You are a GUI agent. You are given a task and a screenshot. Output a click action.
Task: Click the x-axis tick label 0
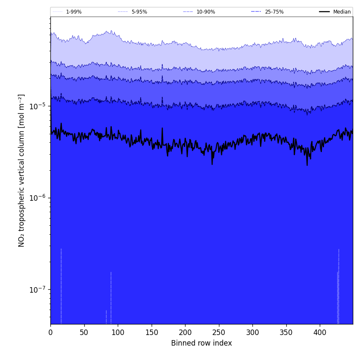pyautogui.click(x=50, y=332)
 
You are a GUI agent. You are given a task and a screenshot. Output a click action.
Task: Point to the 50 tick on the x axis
pyautogui.click(x=84, y=332)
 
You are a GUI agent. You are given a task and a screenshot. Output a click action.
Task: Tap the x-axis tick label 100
pyautogui.click(x=118, y=332)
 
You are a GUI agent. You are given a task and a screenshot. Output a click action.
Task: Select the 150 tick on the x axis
pyautogui.click(x=151, y=332)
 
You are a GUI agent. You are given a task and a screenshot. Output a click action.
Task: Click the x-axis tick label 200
pyautogui.click(x=185, y=332)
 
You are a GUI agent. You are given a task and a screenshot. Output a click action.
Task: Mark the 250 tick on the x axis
pyautogui.click(x=219, y=332)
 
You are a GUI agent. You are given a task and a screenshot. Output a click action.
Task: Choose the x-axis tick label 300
pyautogui.click(x=252, y=332)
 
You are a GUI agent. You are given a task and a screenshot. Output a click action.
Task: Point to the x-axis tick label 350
pyautogui.click(x=286, y=332)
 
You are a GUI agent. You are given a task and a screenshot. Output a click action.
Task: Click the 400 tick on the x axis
pyautogui.click(x=320, y=332)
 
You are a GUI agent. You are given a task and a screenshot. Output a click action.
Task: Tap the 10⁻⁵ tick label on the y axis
pyautogui.click(x=37, y=106)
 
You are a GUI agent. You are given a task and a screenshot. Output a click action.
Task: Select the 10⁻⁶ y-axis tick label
pyautogui.click(x=37, y=198)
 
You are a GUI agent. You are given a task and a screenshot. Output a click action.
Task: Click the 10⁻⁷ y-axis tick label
pyautogui.click(x=37, y=290)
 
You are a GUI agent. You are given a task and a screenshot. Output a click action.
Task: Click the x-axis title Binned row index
pyautogui.click(x=201, y=343)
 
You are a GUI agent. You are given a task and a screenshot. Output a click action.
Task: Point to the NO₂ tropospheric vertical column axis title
pyautogui.click(x=22, y=170)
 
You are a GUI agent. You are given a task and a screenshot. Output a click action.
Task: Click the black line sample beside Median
pyautogui.click(x=325, y=12)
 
